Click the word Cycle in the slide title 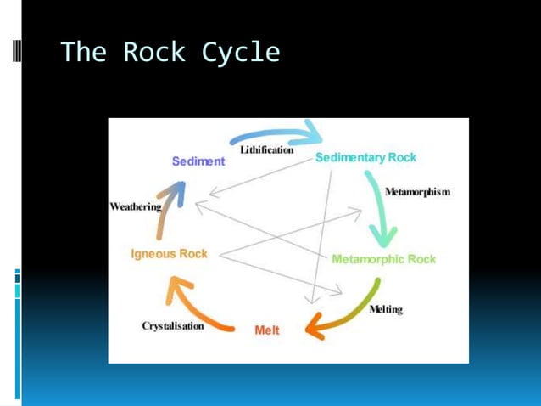coord(241,53)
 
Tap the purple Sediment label coord(198,161)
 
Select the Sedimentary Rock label coord(365,158)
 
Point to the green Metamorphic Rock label coord(383,259)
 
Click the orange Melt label coord(266,330)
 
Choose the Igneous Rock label coord(169,253)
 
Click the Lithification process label coord(267,150)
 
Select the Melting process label coord(386,309)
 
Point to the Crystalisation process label coord(173,326)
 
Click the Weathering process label coord(135,206)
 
